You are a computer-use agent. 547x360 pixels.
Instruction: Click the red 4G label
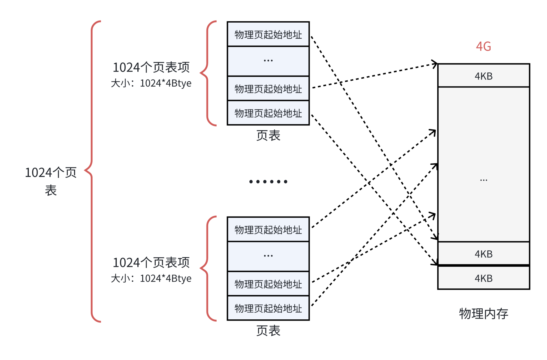(x=483, y=47)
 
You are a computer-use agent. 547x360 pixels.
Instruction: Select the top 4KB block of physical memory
(x=484, y=76)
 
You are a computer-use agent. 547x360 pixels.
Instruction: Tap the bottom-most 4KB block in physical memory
(x=484, y=278)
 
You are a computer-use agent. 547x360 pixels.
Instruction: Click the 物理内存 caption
(x=484, y=314)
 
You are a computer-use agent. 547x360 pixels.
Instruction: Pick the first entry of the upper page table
(x=268, y=34)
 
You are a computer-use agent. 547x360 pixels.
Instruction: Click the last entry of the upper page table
(x=268, y=113)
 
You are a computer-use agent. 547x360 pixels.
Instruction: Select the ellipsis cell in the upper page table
(x=268, y=61)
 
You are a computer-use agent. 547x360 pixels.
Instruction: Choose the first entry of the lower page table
(x=268, y=230)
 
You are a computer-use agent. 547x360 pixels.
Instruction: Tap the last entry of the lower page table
(x=268, y=308)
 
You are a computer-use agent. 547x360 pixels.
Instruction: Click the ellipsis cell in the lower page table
(x=268, y=256)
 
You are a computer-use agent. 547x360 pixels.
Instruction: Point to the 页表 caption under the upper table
(x=268, y=136)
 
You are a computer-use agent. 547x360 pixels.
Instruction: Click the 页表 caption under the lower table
(x=268, y=331)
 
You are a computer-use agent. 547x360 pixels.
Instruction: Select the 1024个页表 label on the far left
(x=51, y=181)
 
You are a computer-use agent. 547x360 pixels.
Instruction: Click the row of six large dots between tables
(x=268, y=182)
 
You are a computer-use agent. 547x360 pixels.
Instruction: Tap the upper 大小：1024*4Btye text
(x=151, y=83)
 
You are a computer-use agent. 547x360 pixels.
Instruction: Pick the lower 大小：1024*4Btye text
(x=151, y=279)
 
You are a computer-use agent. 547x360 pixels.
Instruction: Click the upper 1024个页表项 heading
(x=151, y=67)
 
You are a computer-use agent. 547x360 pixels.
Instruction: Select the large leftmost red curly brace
(x=92, y=171)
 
